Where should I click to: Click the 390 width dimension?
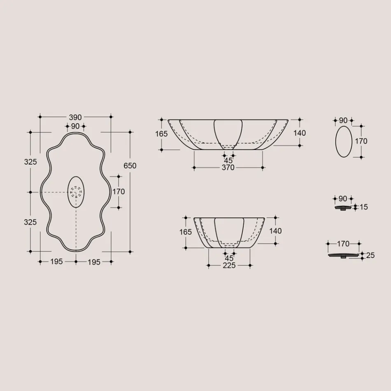tap(75, 117)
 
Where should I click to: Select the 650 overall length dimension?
tap(130, 166)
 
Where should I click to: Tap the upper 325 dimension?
tap(30, 162)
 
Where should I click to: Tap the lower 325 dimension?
tap(30, 222)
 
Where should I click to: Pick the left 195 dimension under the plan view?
tap(57, 262)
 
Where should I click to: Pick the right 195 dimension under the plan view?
tap(94, 262)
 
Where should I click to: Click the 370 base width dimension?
tap(228, 168)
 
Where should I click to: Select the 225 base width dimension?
tap(229, 265)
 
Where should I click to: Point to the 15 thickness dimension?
tap(363, 207)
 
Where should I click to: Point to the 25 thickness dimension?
tap(370, 256)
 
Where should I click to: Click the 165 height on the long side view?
tap(162, 134)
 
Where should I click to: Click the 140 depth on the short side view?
tap(275, 231)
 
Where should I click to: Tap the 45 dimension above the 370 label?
tap(228, 161)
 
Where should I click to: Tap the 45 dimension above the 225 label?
tap(229, 258)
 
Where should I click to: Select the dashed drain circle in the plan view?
tap(76, 192)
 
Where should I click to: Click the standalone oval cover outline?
tap(344, 142)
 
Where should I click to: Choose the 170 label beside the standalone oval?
tap(361, 141)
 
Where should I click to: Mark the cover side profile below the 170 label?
tap(343, 256)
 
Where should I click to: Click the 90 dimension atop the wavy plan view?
tap(75, 126)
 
